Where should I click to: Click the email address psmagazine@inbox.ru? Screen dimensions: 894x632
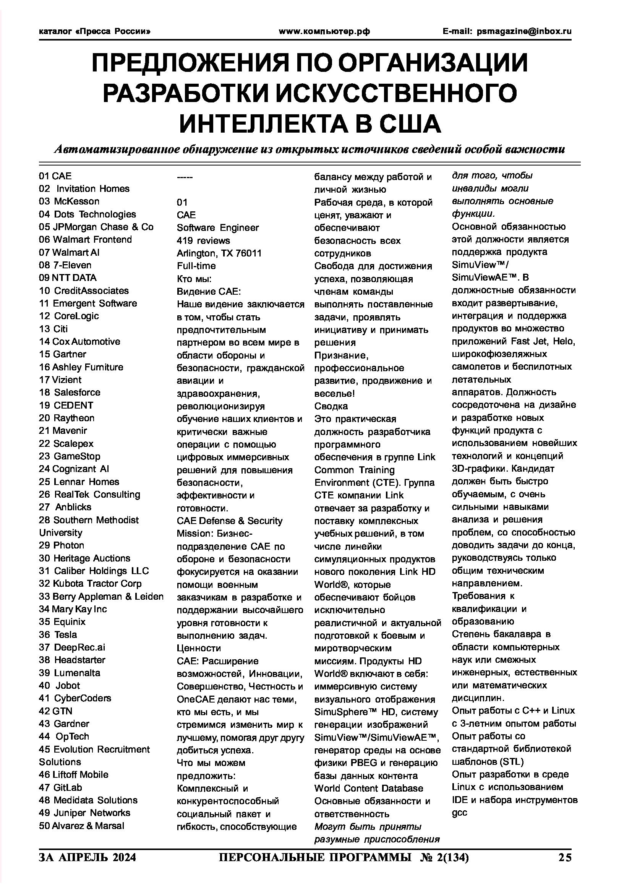(x=524, y=31)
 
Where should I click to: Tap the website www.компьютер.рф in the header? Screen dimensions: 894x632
(x=324, y=31)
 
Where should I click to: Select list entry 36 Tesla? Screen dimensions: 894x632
(x=58, y=635)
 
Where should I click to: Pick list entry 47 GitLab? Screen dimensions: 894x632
(x=60, y=788)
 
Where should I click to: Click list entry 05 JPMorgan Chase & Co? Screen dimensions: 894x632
(x=96, y=227)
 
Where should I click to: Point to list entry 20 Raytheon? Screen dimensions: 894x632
(x=66, y=418)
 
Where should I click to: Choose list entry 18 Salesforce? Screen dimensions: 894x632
(x=70, y=393)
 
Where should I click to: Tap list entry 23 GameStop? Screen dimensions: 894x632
(x=70, y=456)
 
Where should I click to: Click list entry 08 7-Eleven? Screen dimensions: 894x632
(x=65, y=265)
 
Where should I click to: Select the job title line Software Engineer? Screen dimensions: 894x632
(x=217, y=228)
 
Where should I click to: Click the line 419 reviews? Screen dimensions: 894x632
(x=203, y=241)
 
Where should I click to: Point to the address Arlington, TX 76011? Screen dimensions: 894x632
(x=219, y=253)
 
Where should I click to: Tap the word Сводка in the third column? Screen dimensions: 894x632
(x=331, y=407)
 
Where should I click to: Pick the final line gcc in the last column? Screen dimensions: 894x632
(x=459, y=813)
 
